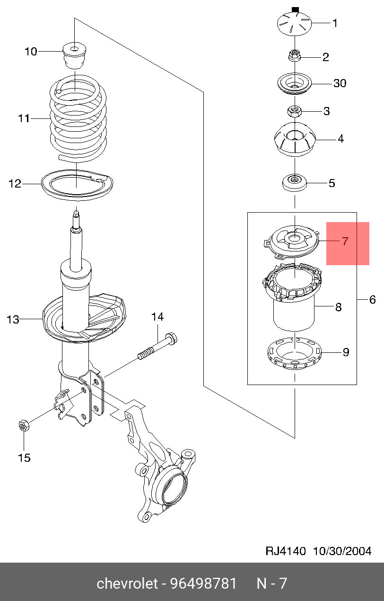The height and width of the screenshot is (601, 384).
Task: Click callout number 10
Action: tap(31, 51)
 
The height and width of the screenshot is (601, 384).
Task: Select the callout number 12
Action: tap(15, 184)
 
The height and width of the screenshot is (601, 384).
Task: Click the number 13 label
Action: tap(13, 320)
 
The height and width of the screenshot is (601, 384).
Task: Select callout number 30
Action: tap(340, 83)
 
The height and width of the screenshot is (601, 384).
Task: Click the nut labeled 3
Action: tap(294, 112)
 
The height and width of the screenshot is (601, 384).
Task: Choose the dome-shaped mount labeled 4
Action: tap(294, 140)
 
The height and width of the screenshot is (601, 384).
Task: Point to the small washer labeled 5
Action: tap(294, 183)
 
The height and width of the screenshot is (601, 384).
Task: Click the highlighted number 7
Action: tap(345, 242)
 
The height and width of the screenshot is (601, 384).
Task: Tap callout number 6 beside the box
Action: tap(372, 299)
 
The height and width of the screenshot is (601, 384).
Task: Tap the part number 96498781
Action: tap(206, 583)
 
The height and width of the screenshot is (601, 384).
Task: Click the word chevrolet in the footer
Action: tap(127, 583)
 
